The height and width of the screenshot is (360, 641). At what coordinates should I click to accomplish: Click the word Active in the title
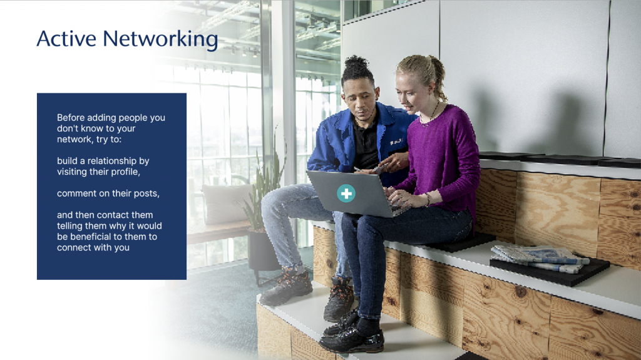pyautogui.click(x=66, y=39)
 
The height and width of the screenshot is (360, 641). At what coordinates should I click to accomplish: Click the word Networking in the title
pyautogui.click(x=160, y=40)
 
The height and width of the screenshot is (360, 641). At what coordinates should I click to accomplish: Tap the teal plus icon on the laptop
pyautogui.click(x=346, y=193)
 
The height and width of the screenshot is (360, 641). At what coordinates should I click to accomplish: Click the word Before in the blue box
pyautogui.click(x=71, y=118)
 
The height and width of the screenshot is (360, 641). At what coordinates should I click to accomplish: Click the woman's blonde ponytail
pyautogui.click(x=438, y=78)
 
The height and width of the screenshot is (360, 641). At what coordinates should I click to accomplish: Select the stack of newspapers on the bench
pyautogui.click(x=539, y=258)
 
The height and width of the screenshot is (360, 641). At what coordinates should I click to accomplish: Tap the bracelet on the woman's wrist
pyautogui.click(x=427, y=199)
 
